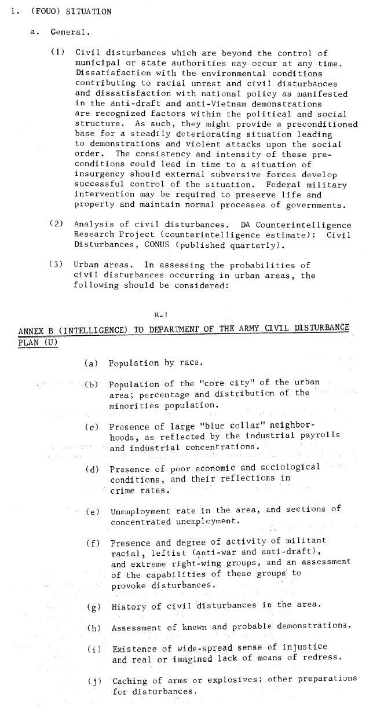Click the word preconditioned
pos(327,124)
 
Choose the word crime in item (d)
pos(123,490)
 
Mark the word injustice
pos(306,647)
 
